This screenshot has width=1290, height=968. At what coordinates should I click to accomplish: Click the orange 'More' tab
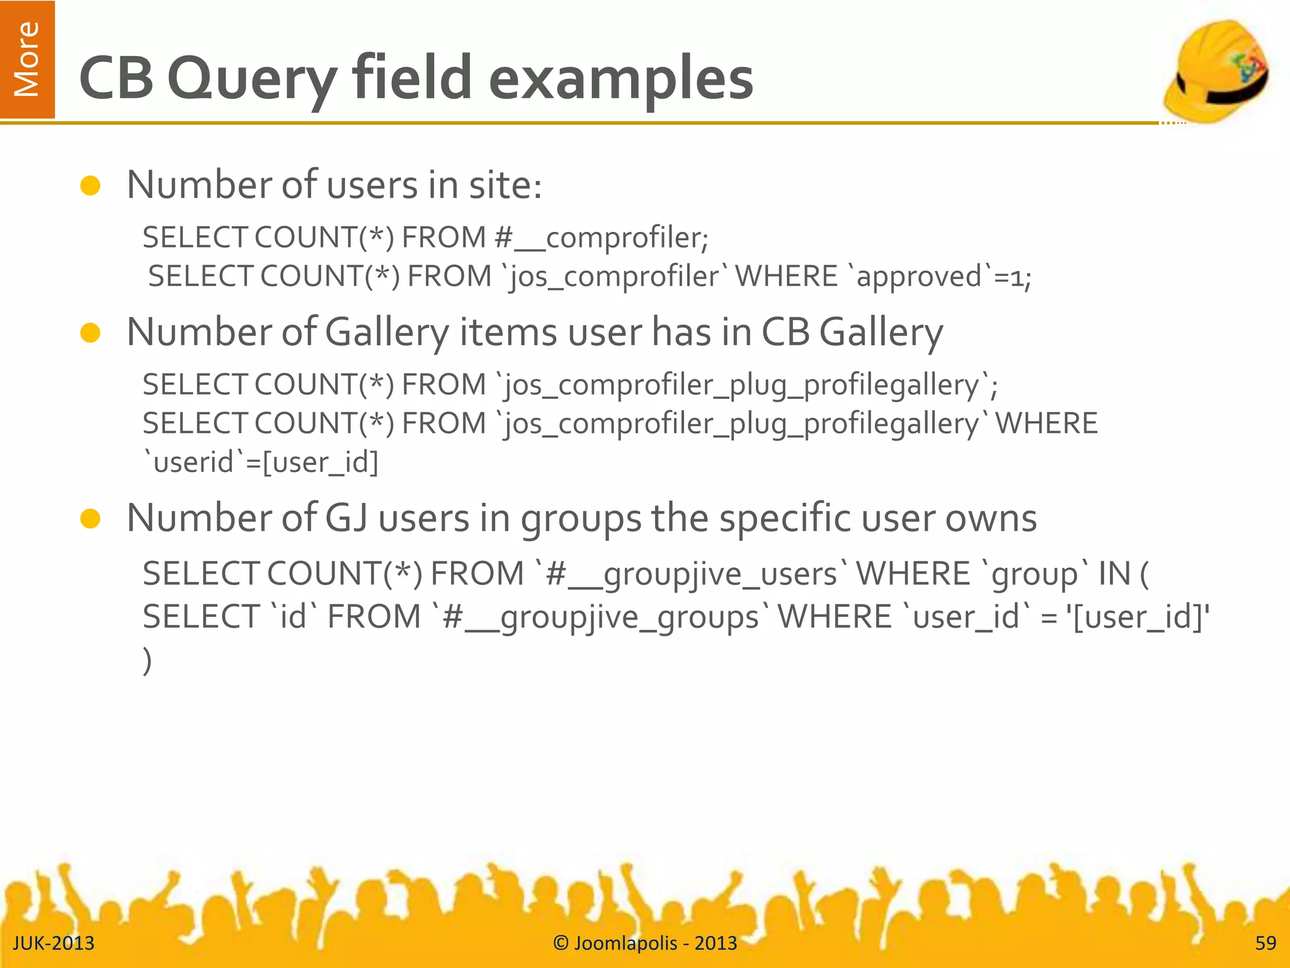(x=27, y=59)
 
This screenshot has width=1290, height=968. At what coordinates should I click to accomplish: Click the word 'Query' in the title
(x=252, y=79)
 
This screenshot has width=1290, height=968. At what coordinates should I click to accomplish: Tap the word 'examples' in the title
(x=620, y=79)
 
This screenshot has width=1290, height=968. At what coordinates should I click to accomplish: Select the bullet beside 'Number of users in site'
(x=91, y=186)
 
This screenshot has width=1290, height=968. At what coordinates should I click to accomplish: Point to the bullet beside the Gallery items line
(x=91, y=333)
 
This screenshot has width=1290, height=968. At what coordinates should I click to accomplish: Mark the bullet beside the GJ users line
(x=91, y=519)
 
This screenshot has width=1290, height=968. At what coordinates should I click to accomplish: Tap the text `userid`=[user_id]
(x=261, y=463)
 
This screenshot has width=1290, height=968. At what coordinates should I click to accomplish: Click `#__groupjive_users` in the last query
(x=690, y=574)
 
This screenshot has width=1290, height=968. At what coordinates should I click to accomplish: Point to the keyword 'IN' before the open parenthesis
(x=1114, y=574)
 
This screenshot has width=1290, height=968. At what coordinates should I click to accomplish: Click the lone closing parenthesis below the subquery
(x=147, y=660)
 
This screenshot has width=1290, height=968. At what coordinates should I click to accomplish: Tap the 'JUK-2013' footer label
(x=54, y=943)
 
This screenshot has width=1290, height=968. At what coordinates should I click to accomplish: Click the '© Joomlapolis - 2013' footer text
(x=645, y=943)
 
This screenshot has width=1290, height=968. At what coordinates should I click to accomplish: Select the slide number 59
(x=1265, y=943)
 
